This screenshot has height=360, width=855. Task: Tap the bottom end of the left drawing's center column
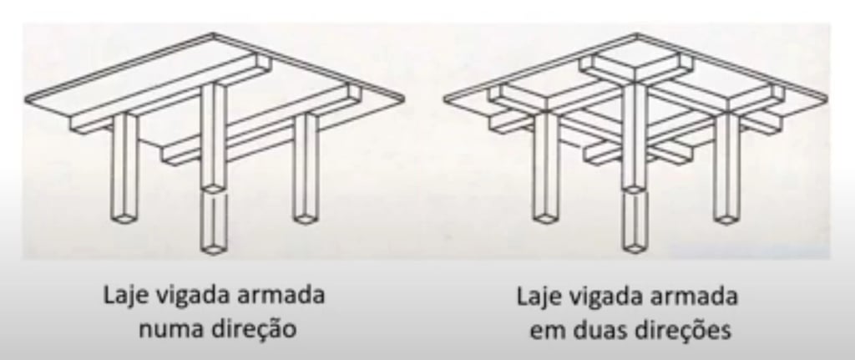pyautogui.click(x=215, y=248)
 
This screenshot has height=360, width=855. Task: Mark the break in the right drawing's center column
pyautogui.click(x=636, y=190)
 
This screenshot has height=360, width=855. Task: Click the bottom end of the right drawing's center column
pyautogui.click(x=636, y=248)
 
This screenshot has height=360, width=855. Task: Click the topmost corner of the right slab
pyautogui.click(x=638, y=34)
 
